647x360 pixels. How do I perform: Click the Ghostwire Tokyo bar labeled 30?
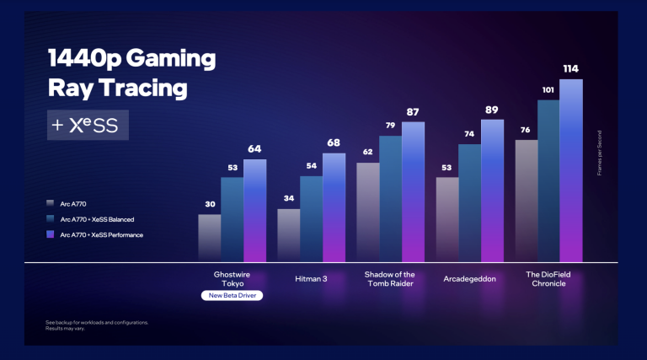click(x=209, y=238)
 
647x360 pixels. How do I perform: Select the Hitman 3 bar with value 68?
click(x=334, y=207)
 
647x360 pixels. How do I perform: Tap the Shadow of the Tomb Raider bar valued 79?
click(x=390, y=198)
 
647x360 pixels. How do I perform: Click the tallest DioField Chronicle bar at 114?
click(x=571, y=170)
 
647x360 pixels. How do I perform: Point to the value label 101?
click(x=548, y=89)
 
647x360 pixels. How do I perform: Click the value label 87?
click(x=413, y=112)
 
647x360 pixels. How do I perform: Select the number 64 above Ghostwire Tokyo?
click(x=254, y=149)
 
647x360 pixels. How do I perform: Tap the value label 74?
click(x=469, y=134)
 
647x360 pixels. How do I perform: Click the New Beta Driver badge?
click(x=233, y=296)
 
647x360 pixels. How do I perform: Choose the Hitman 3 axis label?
click(x=311, y=277)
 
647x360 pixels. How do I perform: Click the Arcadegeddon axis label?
click(x=470, y=277)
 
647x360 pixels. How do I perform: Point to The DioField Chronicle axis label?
click(x=548, y=278)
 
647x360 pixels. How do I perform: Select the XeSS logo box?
click(x=88, y=125)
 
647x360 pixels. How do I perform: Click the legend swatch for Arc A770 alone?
click(x=51, y=203)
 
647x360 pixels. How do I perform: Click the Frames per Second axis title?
click(x=599, y=152)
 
